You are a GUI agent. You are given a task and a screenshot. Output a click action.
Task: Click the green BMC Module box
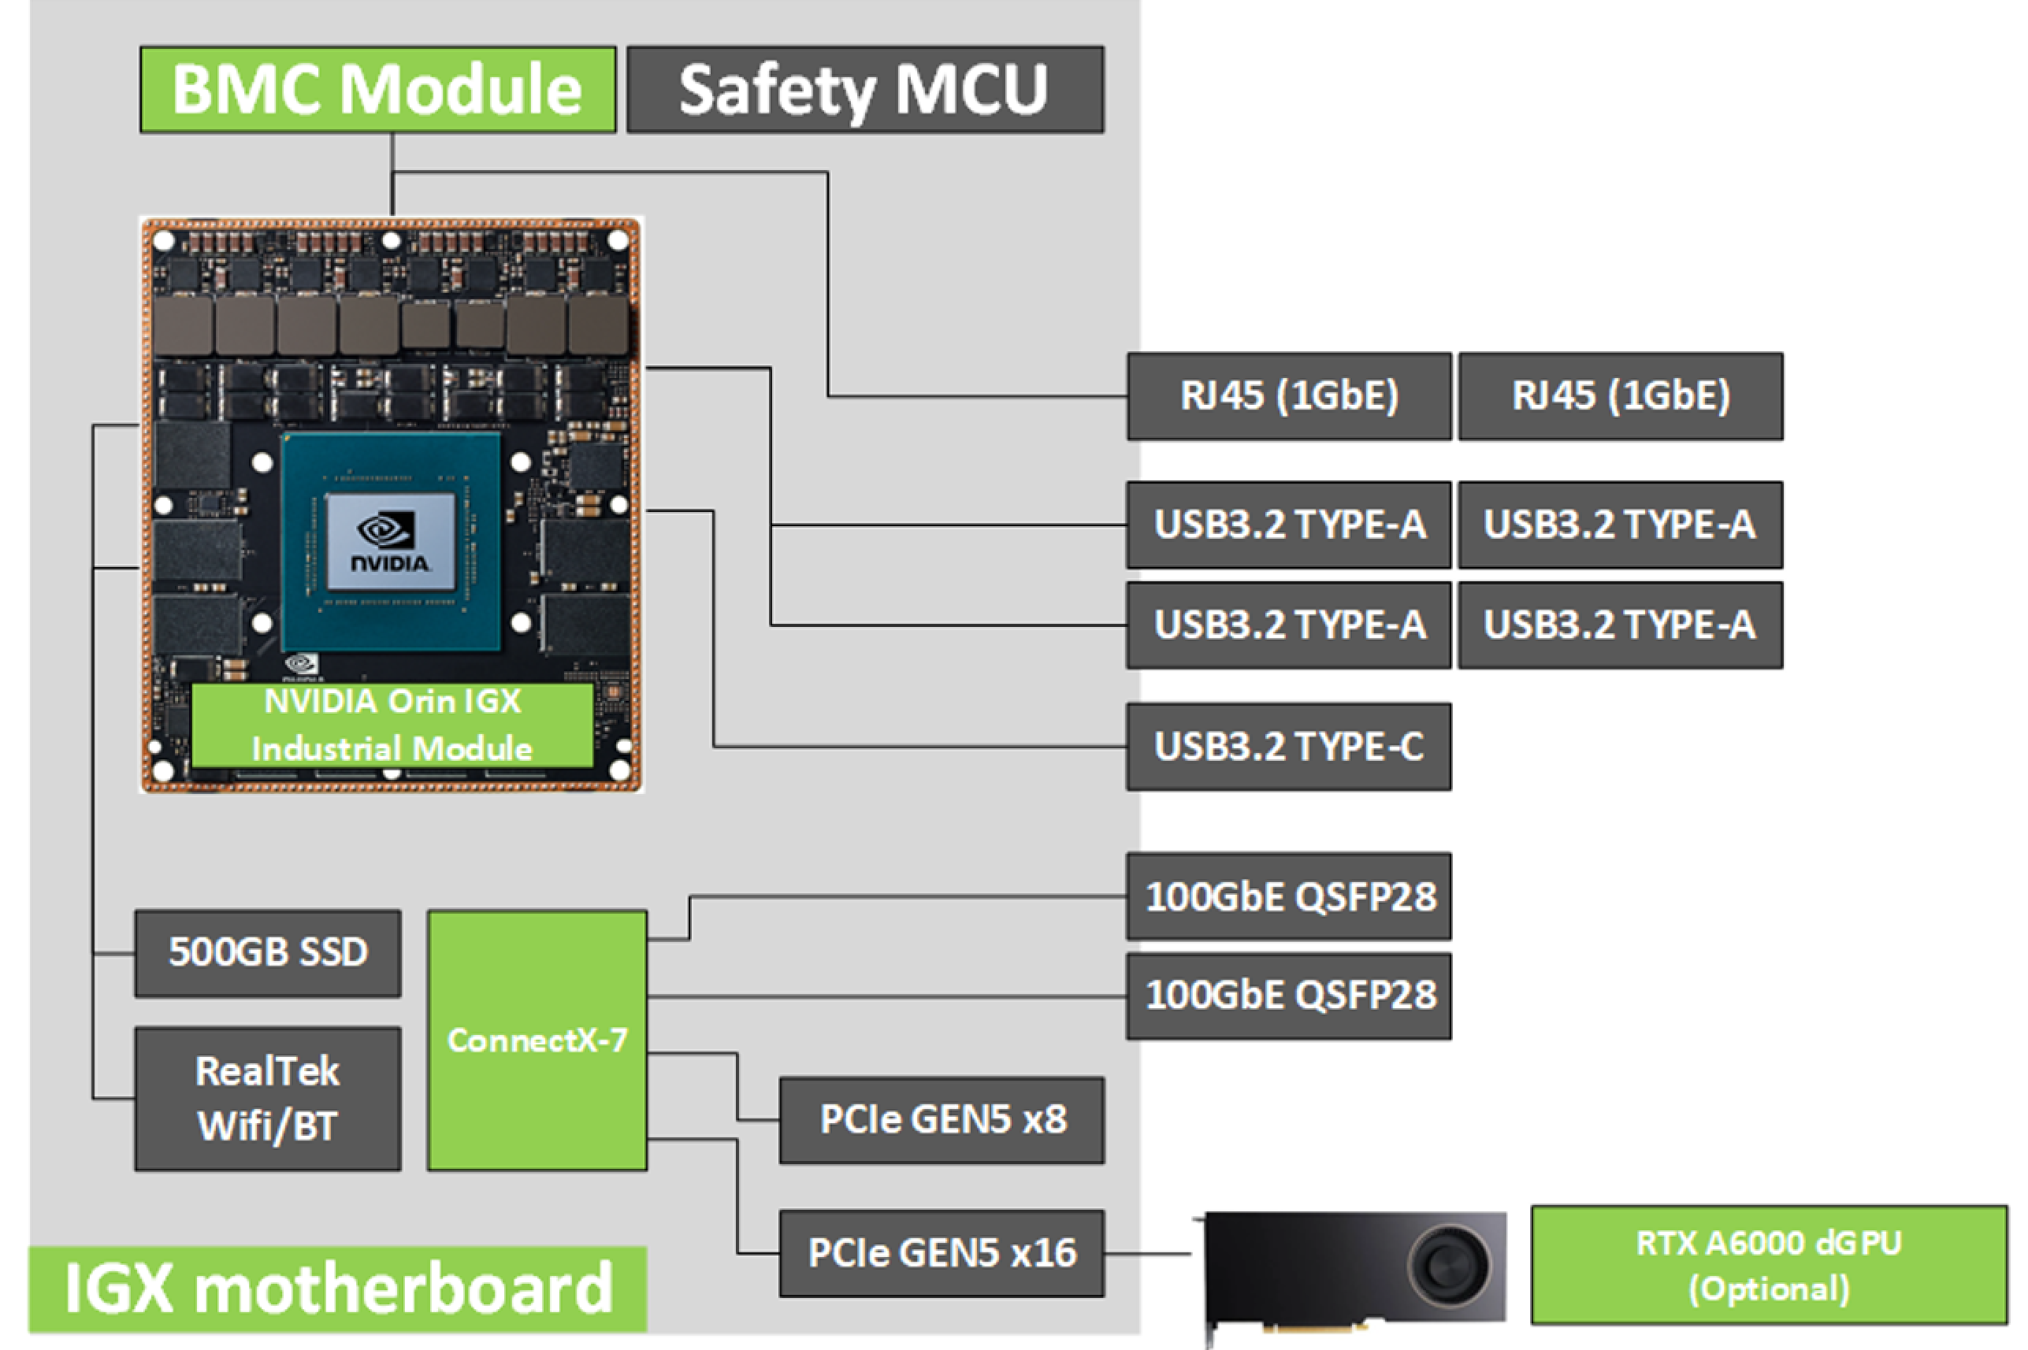coord(377,90)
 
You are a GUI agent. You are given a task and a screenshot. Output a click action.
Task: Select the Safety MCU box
coord(864,90)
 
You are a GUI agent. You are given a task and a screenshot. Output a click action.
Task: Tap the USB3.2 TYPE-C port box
coord(1288,747)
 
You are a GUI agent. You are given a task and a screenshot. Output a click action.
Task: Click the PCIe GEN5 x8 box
coord(942,1120)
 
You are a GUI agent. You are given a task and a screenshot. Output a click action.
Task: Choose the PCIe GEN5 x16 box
coord(942,1252)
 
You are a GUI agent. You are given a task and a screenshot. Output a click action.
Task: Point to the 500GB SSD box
coord(268,953)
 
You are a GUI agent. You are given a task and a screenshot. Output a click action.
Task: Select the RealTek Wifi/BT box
coord(268,1099)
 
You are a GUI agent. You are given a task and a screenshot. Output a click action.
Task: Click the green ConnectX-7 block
coord(537,1040)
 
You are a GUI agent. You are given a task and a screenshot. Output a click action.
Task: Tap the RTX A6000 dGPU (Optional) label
coord(1768,1265)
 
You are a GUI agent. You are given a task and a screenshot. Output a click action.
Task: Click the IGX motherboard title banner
coord(337,1289)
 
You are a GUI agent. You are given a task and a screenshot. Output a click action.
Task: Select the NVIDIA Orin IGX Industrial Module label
coord(392,725)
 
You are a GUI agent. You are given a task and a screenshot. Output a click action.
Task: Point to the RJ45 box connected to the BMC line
coord(1288,396)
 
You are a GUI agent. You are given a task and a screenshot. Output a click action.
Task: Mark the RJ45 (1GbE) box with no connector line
coord(1620,396)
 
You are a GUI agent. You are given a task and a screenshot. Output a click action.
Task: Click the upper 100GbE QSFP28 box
coord(1288,897)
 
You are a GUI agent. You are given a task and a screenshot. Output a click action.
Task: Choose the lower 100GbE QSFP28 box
coord(1288,996)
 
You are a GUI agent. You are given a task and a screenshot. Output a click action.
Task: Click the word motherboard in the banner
coord(403,1289)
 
